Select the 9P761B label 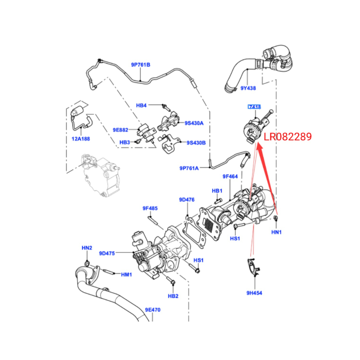coord(141,65)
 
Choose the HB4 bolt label coord(141,105)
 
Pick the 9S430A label coord(194,123)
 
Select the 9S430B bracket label coord(196,143)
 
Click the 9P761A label coord(189,168)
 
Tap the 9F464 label coord(230,176)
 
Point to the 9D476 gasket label coord(187,200)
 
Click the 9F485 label coord(150,208)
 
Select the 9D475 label coord(107,253)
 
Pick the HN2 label coord(87,248)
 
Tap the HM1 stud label coord(127,274)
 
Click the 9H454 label coord(254,292)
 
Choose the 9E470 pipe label coord(153,310)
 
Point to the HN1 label coord(277,232)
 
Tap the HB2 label coord(173,296)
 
